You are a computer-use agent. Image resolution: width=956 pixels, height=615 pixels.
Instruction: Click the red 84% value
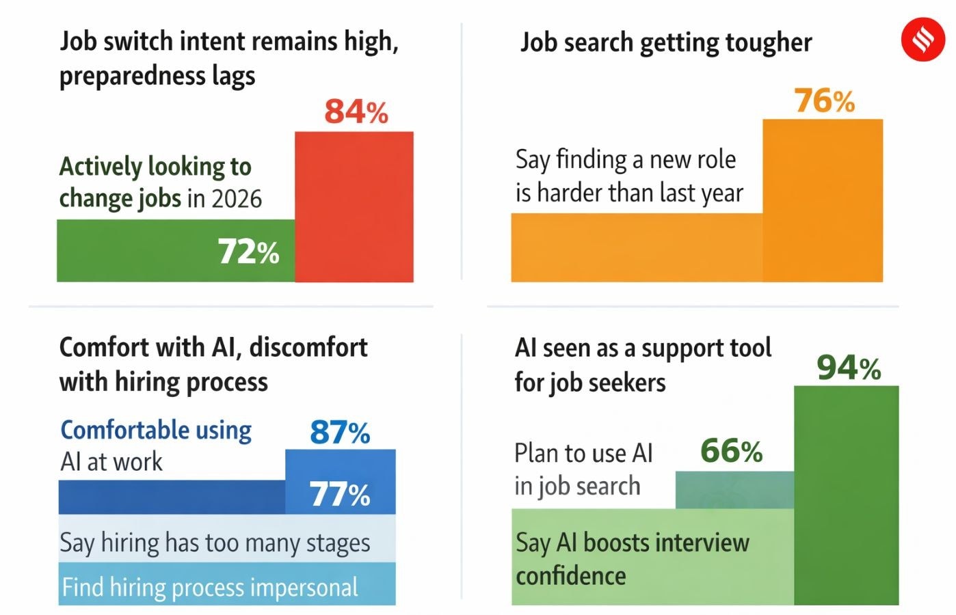356,111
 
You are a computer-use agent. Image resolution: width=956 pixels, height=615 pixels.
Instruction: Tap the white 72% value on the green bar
248,251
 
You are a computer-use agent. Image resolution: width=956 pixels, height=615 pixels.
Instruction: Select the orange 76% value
824,101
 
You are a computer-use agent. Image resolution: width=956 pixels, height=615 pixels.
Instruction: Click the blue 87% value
340,433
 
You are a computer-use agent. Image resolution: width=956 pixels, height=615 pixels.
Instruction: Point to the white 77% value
340,494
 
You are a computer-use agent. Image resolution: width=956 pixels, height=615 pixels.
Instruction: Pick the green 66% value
731,451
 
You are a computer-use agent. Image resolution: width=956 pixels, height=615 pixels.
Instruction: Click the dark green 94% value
849,368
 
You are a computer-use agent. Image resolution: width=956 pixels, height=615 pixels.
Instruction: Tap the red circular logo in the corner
922,40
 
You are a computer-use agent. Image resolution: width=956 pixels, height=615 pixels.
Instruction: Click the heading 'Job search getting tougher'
665,42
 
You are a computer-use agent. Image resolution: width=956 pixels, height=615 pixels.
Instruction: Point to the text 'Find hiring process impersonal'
210,587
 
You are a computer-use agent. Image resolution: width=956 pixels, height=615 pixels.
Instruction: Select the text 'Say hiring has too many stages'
215,543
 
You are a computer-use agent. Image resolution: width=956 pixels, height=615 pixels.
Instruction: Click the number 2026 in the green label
237,199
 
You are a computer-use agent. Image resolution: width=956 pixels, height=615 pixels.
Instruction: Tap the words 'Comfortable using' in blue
156,430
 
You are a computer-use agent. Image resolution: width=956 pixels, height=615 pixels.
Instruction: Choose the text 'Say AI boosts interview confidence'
632,559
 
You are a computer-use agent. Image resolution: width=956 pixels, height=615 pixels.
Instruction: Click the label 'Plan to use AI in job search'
583,469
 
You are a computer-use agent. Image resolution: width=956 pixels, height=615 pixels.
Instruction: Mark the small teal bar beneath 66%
734,490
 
